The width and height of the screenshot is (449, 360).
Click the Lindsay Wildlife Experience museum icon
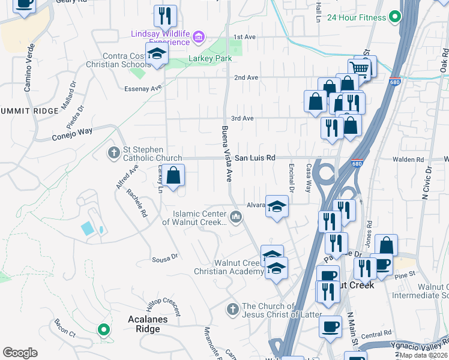click(x=199, y=39)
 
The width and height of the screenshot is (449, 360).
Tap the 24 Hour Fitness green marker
click(x=394, y=17)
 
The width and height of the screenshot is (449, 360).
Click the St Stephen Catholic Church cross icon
click(x=114, y=152)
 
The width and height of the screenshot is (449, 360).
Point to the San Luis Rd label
click(x=255, y=158)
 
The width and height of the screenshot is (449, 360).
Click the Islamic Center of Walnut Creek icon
click(x=236, y=217)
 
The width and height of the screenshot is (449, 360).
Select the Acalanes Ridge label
click(x=144, y=324)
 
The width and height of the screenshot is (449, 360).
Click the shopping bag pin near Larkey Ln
click(x=173, y=176)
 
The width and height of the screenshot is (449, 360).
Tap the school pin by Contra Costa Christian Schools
click(x=157, y=54)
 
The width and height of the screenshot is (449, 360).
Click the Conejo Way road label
click(x=76, y=131)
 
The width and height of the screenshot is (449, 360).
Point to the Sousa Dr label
click(x=166, y=257)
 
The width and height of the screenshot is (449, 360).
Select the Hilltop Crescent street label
click(x=164, y=307)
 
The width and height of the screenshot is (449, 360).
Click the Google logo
click(x=20, y=352)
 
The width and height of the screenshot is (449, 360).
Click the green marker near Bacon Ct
click(x=103, y=329)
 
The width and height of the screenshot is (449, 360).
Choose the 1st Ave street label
click(x=244, y=37)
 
